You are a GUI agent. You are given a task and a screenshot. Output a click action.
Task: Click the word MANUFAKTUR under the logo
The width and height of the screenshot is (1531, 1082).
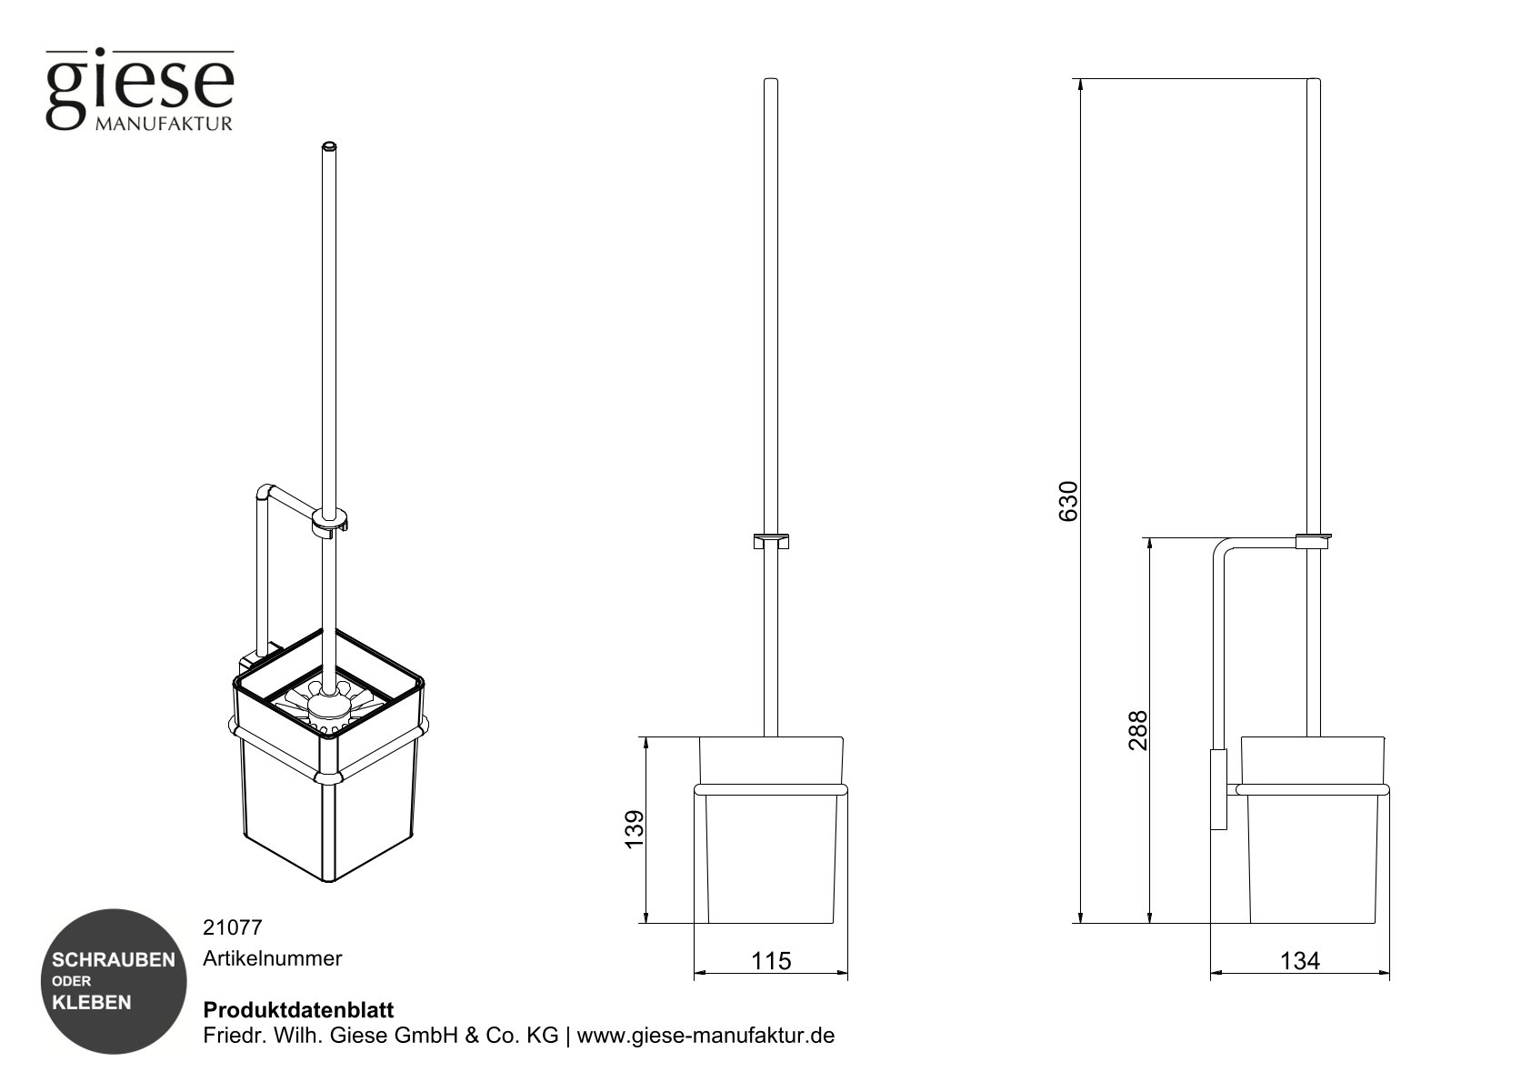[164, 124]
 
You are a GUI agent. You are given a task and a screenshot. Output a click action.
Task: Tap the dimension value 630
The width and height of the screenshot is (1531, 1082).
[1068, 501]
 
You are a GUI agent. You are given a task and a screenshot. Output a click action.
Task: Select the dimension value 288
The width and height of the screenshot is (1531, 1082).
[1137, 730]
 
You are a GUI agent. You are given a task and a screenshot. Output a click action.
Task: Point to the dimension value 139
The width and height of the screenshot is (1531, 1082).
[634, 829]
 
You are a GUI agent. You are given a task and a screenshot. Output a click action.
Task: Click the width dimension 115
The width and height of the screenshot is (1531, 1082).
[771, 961]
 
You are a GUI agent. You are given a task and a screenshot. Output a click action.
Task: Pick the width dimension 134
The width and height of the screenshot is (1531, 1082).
[1299, 961]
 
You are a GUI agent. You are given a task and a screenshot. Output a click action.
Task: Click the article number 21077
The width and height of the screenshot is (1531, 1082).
[232, 928]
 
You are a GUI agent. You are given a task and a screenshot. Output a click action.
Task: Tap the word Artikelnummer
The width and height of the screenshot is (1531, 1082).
[272, 958]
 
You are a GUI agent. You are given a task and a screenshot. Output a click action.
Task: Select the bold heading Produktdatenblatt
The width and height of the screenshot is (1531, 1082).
[298, 1010]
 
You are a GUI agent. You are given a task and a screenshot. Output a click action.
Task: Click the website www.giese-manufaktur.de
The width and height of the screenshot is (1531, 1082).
[705, 1036]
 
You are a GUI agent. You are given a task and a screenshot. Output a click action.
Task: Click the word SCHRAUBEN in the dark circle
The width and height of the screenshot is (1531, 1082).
[114, 960]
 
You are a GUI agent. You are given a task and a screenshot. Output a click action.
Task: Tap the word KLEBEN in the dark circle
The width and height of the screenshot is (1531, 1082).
[92, 1003]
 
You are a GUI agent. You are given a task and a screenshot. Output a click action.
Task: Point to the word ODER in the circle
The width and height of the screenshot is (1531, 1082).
[71, 981]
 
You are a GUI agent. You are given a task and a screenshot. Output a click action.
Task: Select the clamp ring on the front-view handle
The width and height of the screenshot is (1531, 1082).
[771, 542]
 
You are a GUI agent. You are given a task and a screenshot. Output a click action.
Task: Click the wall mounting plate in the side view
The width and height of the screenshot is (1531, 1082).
[1218, 789]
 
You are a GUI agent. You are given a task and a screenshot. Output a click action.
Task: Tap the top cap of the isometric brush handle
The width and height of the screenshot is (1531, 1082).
[329, 145]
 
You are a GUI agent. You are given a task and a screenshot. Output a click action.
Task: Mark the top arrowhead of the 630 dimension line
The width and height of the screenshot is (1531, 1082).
[1080, 85]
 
